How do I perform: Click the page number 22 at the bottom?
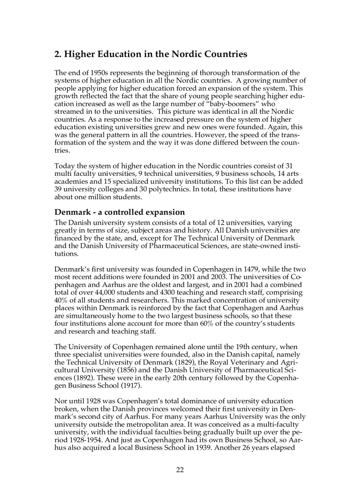pos(180,470)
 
